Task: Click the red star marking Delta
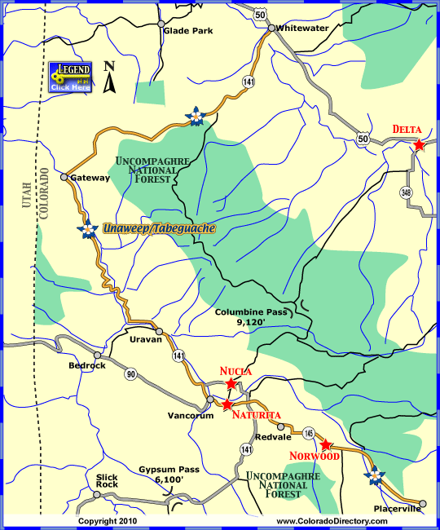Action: point(419,145)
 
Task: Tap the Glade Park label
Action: point(187,31)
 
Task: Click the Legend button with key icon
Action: point(70,76)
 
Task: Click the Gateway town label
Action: point(90,178)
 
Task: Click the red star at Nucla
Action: point(231,383)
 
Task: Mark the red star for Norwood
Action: point(326,445)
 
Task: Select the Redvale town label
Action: point(268,437)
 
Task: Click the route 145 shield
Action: point(308,432)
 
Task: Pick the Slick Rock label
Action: point(107,480)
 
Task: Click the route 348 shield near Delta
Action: point(406,192)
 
